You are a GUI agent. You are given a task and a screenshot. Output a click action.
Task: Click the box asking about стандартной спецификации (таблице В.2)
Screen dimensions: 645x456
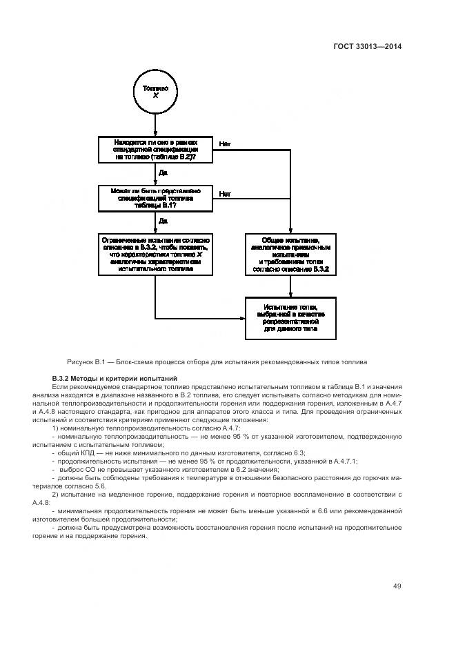[x=155, y=150]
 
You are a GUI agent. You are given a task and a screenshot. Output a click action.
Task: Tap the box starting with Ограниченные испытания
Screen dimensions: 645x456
[x=155, y=255]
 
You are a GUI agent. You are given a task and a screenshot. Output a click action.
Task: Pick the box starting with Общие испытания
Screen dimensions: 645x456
[x=290, y=255]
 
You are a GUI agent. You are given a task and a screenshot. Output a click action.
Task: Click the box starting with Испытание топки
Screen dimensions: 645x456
[x=290, y=318]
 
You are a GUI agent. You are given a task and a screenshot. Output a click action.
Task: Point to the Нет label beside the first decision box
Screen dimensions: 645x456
[x=225, y=144]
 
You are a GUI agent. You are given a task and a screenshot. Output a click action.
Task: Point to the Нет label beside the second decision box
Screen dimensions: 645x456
[x=225, y=194]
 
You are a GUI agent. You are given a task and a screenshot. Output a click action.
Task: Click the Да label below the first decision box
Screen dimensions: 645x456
[x=163, y=172]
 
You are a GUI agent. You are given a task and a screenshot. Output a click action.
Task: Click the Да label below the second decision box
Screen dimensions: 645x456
[x=163, y=221]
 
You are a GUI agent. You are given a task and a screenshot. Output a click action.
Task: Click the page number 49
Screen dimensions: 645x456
[x=397, y=586]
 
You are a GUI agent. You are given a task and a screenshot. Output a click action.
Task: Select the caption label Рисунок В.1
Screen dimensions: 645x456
[x=87, y=361]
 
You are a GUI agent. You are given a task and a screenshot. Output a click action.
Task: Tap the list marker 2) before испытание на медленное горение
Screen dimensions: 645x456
[x=56, y=495]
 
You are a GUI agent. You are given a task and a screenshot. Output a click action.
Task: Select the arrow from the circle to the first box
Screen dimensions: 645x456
[x=155, y=124]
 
